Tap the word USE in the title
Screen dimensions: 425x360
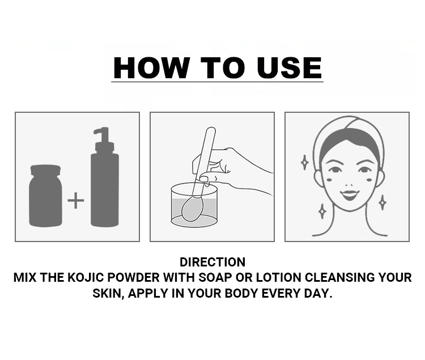coord(289,68)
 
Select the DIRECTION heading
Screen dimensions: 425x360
coord(212,262)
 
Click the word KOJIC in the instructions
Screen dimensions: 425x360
coord(86,277)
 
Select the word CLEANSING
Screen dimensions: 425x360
coord(340,277)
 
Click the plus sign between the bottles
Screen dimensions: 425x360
coord(75,200)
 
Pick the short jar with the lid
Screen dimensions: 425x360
coord(45,196)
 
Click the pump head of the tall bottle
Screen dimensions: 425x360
coord(104,139)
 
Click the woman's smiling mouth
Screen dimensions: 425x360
coord(350,194)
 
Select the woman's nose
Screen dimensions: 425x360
coord(349,184)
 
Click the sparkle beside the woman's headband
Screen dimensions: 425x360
coord(305,162)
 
